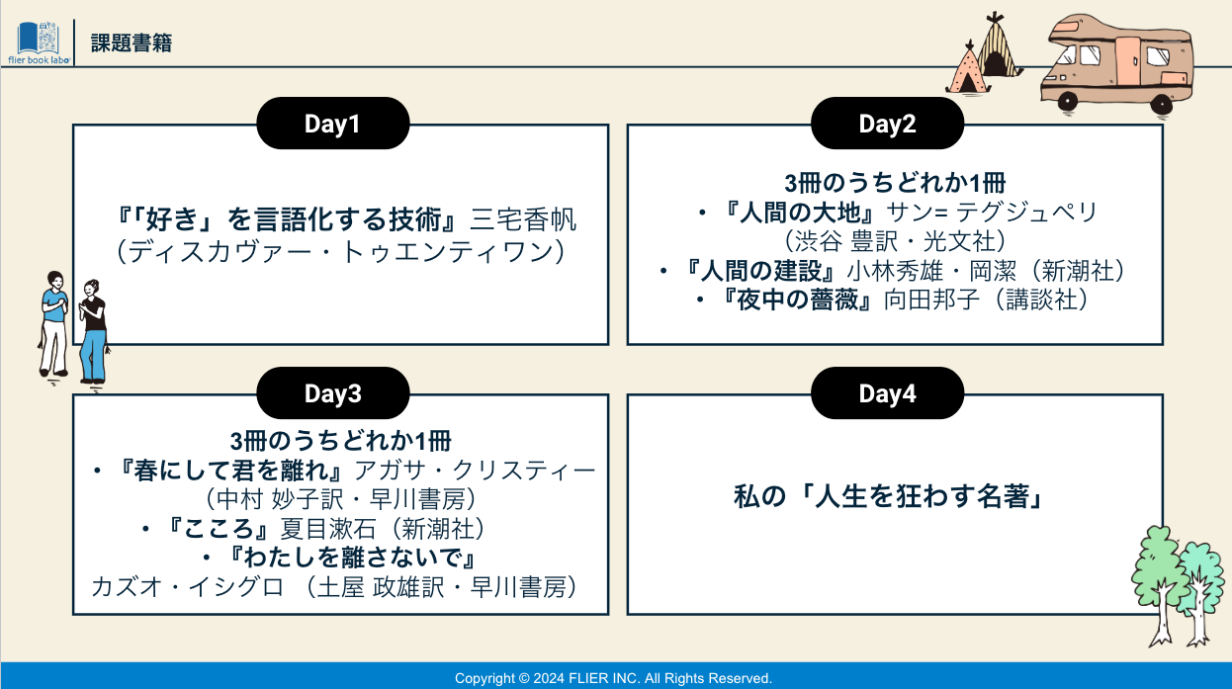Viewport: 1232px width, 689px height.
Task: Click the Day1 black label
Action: pos(333,124)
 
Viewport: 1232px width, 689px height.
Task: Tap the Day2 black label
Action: pos(887,124)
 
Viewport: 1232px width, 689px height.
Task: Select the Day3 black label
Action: pos(333,393)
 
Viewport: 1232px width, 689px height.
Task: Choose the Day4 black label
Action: pos(887,393)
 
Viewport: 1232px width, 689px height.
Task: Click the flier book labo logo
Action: pos(39,43)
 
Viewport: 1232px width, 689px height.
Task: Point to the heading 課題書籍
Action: pos(132,43)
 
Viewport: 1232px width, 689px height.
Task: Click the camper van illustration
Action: pos(1116,65)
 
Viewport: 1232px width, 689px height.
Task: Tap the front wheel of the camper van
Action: pos(1068,102)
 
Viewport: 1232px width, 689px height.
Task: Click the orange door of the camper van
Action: pos(1127,59)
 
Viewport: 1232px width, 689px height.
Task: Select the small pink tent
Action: pos(968,70)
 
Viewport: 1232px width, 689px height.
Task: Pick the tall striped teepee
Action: pos(997,46)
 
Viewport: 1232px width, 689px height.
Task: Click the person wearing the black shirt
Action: pos(94,334)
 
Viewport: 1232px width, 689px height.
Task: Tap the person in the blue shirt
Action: pos(54,325)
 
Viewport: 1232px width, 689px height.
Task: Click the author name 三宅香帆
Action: pos(523,219)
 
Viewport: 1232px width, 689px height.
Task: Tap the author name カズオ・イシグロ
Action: pos(188,587)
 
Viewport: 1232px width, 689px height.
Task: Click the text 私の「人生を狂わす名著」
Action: pos(888,496)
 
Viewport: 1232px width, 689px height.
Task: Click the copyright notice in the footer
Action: pos(613,678)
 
